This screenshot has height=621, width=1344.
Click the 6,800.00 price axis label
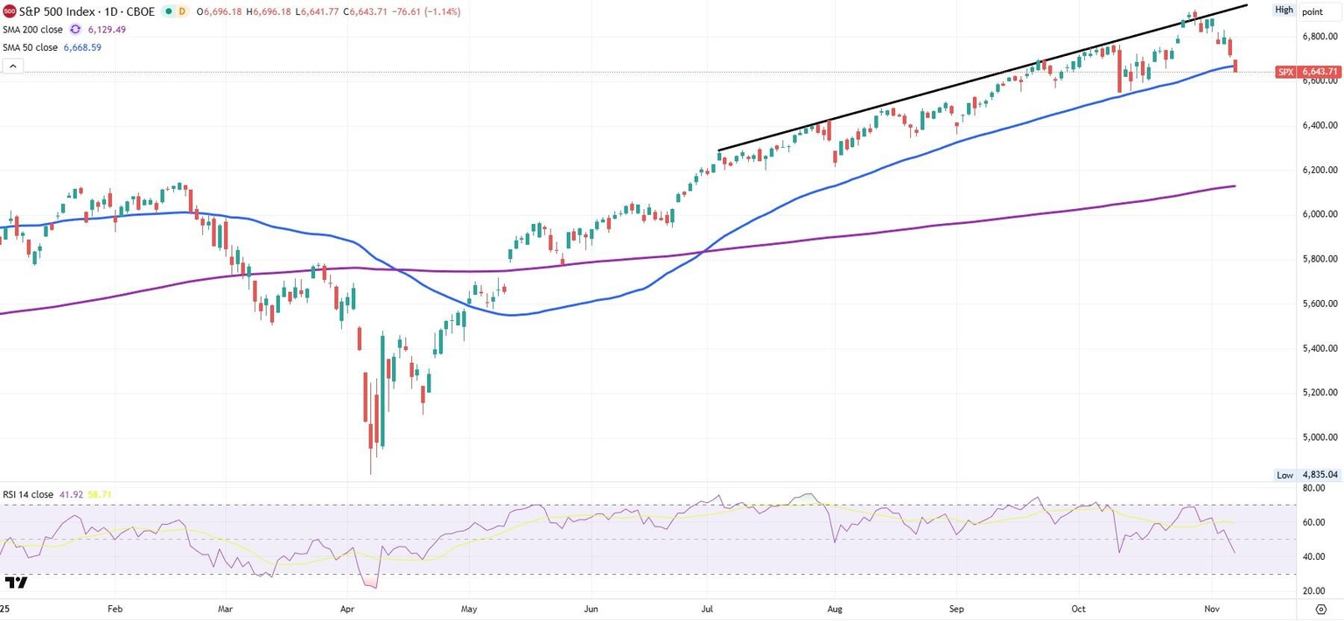pos(1319,37)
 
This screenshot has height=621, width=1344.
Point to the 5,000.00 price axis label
pos(1319,436)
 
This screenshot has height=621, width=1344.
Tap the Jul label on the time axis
pos(705,608)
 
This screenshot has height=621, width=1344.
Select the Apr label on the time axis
pos(346,608)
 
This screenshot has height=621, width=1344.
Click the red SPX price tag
pos(1307,72)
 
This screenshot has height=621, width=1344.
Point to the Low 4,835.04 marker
pos(1306,475)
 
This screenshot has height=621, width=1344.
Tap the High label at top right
pos(1284,10)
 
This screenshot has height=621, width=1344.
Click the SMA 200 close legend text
pos(32,30)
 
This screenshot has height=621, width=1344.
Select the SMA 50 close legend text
pos(30,47)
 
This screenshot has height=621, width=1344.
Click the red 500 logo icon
pos(9,12)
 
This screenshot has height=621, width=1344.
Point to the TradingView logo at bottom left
pos(16,583)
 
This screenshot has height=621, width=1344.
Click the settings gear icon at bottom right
pos(1321,608)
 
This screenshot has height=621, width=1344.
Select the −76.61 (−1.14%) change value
pos(427,12)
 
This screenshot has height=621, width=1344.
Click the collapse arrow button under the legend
pos(12,66)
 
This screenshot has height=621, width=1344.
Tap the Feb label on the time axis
pos(114,608)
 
